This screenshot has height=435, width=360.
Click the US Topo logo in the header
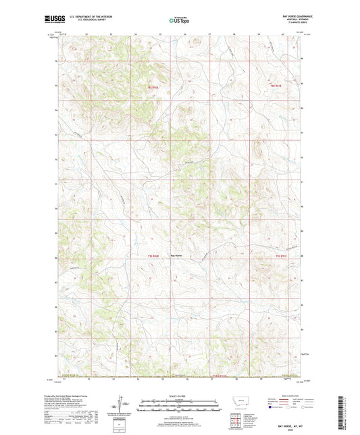click(179, 21)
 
